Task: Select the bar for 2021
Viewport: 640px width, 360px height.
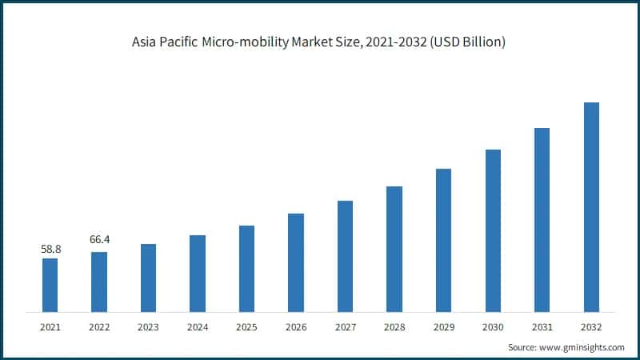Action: (50, 285)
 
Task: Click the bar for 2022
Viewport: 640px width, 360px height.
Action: (99, 282)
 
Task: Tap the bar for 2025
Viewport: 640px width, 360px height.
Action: (246, 268)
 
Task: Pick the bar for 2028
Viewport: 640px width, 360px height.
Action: (394, 249)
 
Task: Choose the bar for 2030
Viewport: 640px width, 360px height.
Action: (493, 230)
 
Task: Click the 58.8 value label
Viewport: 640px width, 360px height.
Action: (50, 250)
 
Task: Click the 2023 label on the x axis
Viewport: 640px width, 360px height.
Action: (148, 326)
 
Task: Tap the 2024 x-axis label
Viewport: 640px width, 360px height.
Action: (198, 326)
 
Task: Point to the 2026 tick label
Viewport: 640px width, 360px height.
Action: (296, 326)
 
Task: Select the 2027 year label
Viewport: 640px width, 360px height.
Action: (345, 326)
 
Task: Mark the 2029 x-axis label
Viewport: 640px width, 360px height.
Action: (443, 326)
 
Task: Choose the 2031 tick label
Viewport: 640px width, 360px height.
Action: (542, 326)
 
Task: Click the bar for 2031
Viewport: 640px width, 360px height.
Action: (542, 219)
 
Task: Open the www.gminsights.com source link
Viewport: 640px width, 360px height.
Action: (582, 347)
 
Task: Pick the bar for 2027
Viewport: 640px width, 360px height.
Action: (345, 256)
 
